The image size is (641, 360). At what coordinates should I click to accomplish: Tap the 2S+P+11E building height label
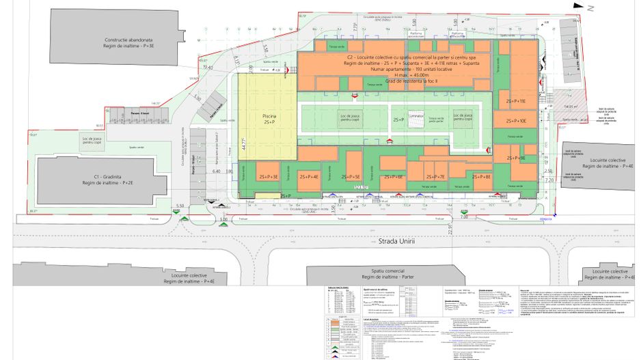click(x=516, y=101)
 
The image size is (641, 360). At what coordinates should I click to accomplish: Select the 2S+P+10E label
click(x=516, y=121)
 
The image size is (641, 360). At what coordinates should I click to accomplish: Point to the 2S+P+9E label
click(x=516, y=158)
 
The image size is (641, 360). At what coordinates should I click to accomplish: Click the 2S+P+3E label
click(x=268, y=177)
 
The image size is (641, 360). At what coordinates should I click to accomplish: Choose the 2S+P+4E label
click(x=309, y=177)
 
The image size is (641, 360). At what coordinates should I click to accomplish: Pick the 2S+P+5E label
click(x=349, y=177)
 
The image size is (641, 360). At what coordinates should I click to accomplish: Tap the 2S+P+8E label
click(x=480, y=177)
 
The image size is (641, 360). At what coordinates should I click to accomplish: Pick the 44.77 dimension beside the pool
click(x=243, y=146)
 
